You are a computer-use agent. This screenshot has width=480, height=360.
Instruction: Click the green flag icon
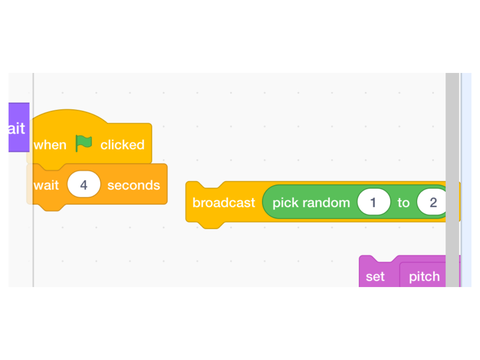84,143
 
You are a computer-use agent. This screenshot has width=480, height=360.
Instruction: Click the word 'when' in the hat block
50,145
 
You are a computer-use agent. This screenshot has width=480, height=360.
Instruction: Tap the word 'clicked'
122,145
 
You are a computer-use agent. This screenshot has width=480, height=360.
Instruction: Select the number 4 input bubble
84,184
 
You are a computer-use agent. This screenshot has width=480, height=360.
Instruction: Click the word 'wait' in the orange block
46,185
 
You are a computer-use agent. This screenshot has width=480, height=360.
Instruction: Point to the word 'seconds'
134,185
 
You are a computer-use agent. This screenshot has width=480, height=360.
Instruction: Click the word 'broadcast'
224,203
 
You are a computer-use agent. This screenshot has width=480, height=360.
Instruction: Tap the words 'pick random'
311,203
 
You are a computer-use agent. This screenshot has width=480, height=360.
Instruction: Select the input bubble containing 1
373,202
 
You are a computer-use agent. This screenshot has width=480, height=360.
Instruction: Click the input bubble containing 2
432,202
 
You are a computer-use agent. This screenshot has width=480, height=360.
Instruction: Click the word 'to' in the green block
403,203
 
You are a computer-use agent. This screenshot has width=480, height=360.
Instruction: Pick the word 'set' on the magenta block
375,277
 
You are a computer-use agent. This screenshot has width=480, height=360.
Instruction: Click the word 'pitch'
424,277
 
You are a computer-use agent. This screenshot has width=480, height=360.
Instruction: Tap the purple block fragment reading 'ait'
19,127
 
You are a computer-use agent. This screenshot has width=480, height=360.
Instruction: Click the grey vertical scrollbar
452,180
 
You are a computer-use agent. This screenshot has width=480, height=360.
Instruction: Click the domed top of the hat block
68,116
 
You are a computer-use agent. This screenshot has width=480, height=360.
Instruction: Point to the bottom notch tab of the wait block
52,207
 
